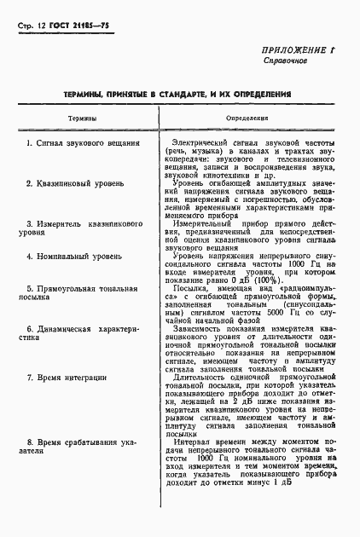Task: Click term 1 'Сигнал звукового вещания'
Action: [84, 143]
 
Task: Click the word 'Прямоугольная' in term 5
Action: [84, 289]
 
